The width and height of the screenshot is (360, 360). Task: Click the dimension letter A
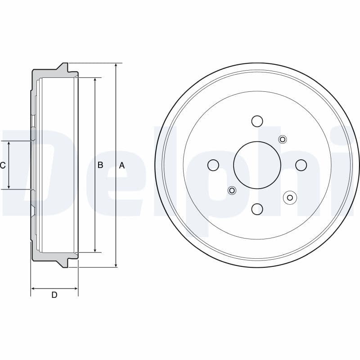point(121,166)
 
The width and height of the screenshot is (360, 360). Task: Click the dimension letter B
point(100,165)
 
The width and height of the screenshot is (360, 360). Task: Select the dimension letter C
point(3,165)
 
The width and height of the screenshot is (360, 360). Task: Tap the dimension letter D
point(54,295)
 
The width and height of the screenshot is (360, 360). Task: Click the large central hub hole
point(257,165)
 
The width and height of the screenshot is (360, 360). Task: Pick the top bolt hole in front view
point(257,121)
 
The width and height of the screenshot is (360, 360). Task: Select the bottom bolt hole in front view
point(257,209)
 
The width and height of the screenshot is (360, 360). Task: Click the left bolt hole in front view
point(213,165)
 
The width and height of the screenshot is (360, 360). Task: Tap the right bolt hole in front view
point(301,165)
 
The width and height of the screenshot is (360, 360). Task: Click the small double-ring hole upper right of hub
point(283,139)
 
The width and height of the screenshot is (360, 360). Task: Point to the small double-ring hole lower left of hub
point(232,191)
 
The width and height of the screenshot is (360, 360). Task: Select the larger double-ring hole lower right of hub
point(290,197)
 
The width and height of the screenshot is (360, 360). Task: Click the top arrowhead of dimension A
point(116,66)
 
